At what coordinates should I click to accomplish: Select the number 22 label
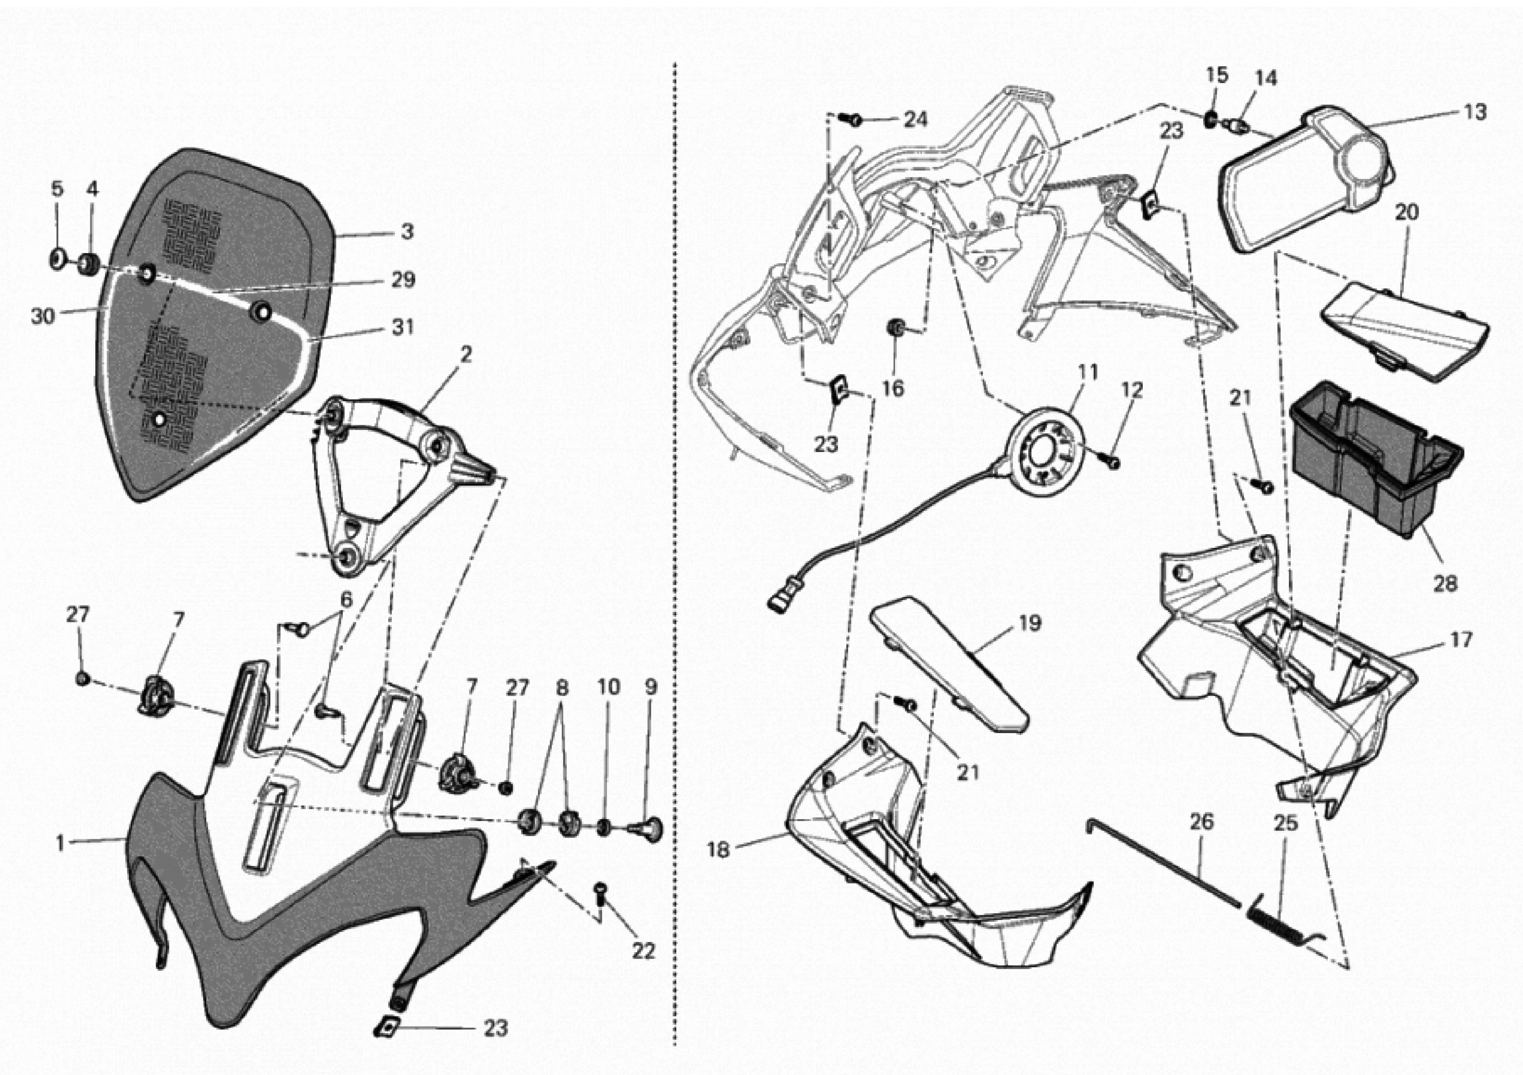pos(643,951)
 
